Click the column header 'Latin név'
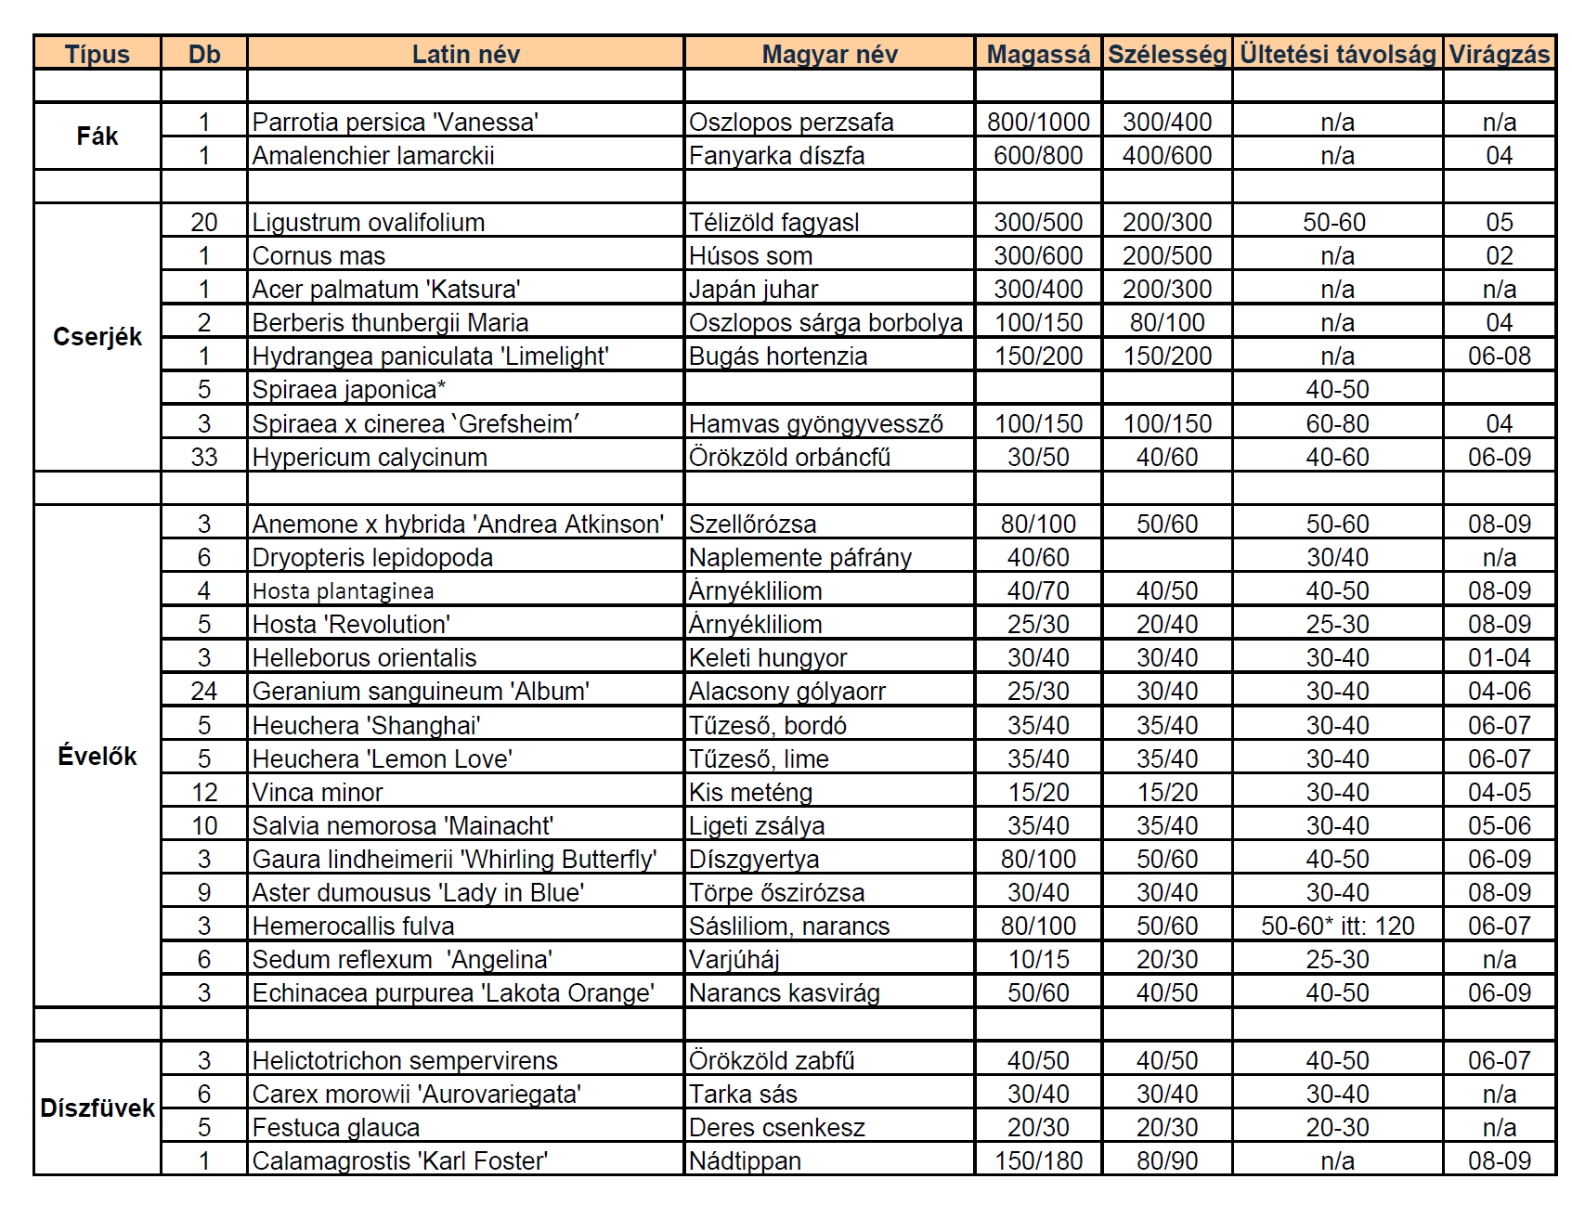click(x=465, y=54)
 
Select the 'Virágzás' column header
click(x=1499, y=54)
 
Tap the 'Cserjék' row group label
click(x=97, y=336)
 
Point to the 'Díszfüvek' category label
click(x=97, y=1108)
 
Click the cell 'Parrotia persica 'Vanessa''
click(x=396, y=122)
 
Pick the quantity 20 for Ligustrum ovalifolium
click(x=204, y=223)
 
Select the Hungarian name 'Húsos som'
click(x=750, y=256)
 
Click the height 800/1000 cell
click(x=1038, y=122)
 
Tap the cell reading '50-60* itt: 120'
click(x=1337, y=926)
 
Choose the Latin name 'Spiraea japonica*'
click(x=348, y=390)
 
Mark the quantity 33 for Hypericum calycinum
click(x=204, y=458)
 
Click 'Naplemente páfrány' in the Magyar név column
click(x=799, y=558)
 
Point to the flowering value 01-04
click(x=1499, y=658)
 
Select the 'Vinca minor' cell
click(x=318, y=793)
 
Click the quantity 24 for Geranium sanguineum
click(x=204, y=692)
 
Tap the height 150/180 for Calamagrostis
click(x=1038, y=1161)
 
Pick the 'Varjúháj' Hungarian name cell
click(x=734, y=960)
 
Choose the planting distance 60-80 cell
click(x=1337, y=424)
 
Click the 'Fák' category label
click(x=97, y=136)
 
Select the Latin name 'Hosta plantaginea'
click(x=343, y=591)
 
